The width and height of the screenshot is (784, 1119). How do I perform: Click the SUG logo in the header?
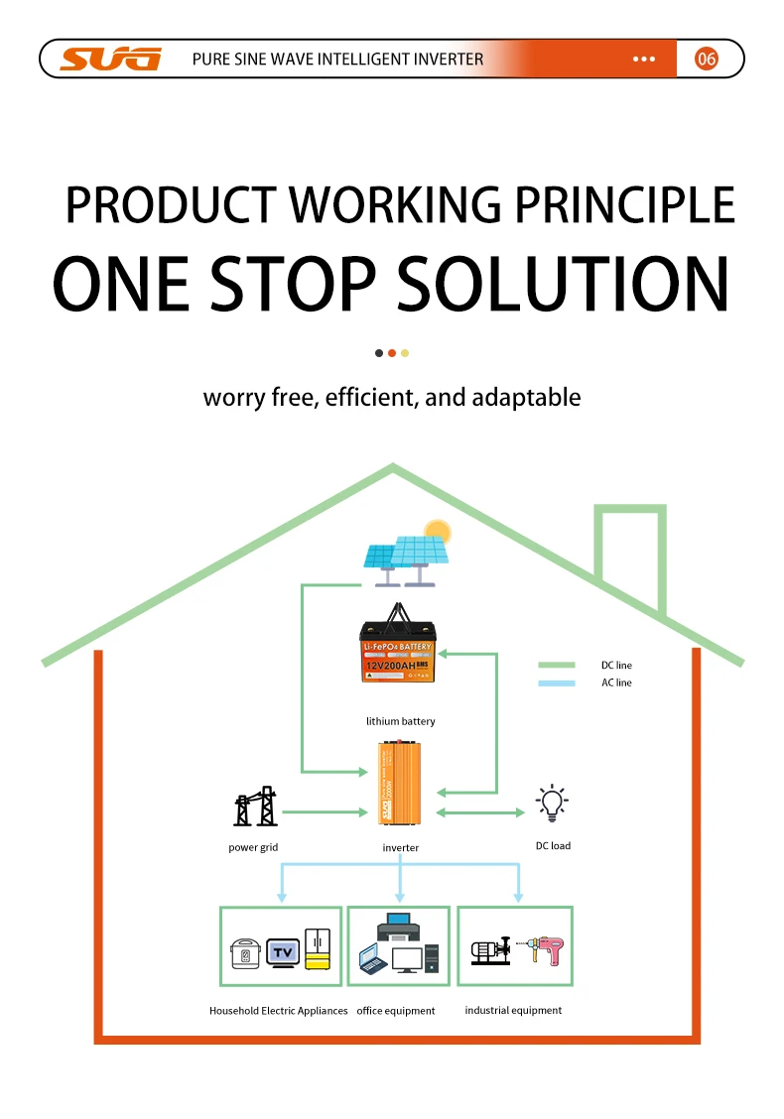point(109,60)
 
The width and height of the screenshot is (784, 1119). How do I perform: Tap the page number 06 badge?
point(706,60)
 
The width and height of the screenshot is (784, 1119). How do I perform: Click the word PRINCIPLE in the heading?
point(623,204)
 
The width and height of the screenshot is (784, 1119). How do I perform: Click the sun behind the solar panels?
point(436,533)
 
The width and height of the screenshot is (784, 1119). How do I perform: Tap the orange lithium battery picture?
point(398,649)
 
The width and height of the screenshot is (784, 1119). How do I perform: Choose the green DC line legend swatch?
point(556,666)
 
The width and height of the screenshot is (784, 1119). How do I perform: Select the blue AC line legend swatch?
point(556,683)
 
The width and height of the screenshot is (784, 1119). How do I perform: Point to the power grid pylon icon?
point(254,808)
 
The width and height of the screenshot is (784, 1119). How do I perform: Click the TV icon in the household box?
point(281,952)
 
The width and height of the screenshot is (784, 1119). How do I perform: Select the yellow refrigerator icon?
point(318,949)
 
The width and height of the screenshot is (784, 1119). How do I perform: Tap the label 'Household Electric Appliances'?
point(278,1011)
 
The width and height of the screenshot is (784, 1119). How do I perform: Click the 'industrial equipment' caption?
point(513,1010)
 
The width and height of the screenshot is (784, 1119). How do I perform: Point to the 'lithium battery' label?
point(400,721)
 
